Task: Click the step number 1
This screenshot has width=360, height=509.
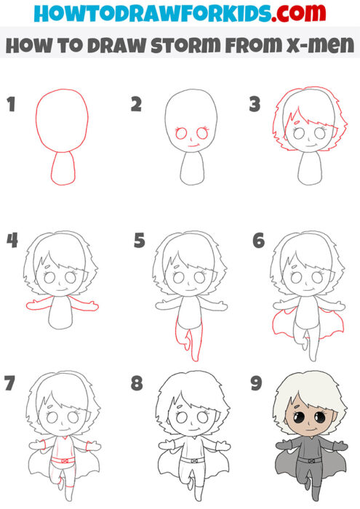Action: tap(11, 105)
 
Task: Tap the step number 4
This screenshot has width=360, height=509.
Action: tap(11, 241)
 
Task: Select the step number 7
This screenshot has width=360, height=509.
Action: tap(11, 383)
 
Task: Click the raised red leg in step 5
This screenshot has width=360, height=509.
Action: tap(187, 338)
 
